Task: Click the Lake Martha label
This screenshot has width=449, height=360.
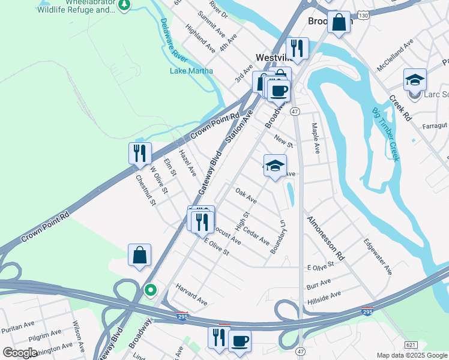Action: [x=191, y=71]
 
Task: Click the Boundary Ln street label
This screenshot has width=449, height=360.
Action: [x=278, y=237]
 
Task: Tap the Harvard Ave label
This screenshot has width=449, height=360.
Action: [x=191, y=295]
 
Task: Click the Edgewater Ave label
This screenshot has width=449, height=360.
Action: [x=378, y=257]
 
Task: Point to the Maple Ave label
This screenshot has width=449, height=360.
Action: [x=314, y=139]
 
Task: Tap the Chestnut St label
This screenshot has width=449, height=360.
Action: [x=145, y=189]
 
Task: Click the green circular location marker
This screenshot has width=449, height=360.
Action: [x=150, y=291]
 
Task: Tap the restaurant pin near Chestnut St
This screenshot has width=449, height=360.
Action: [x=139, y=153]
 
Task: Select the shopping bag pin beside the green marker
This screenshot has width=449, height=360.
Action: [x=139, y=254]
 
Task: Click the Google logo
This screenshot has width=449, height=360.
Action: [x=20, y=352]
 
